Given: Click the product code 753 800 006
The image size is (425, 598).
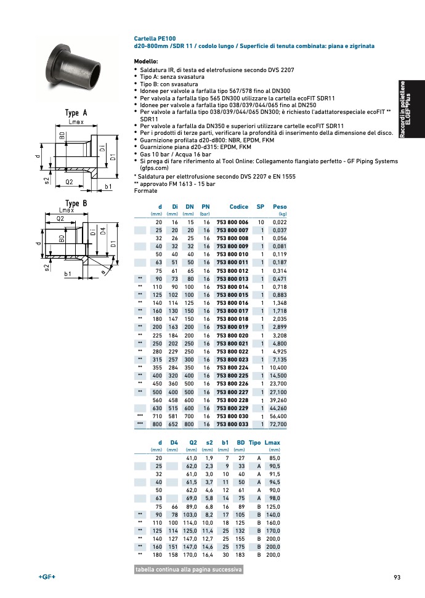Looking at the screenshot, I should coord(232,222).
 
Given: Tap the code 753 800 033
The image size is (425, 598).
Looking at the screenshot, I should coord(232,424).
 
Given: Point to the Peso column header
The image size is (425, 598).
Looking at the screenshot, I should coord(280,207).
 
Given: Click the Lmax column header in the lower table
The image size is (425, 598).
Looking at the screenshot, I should coord(272,443).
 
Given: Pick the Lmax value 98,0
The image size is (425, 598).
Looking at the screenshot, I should coord(273,498).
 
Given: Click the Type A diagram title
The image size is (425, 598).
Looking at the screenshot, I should coord(76,113).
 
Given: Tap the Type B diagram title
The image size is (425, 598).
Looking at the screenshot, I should coord(76,203).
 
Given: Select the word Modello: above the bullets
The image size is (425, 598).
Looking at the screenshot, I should coord(146,62).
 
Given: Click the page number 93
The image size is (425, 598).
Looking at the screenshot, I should coord(397,577).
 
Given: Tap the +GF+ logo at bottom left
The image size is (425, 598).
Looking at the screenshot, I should coord(47,577).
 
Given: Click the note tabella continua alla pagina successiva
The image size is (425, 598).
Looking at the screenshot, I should coord(188,570).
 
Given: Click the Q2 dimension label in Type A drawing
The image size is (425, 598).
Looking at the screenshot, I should coord(69,182).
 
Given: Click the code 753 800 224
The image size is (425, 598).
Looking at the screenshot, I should coord(232,368).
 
